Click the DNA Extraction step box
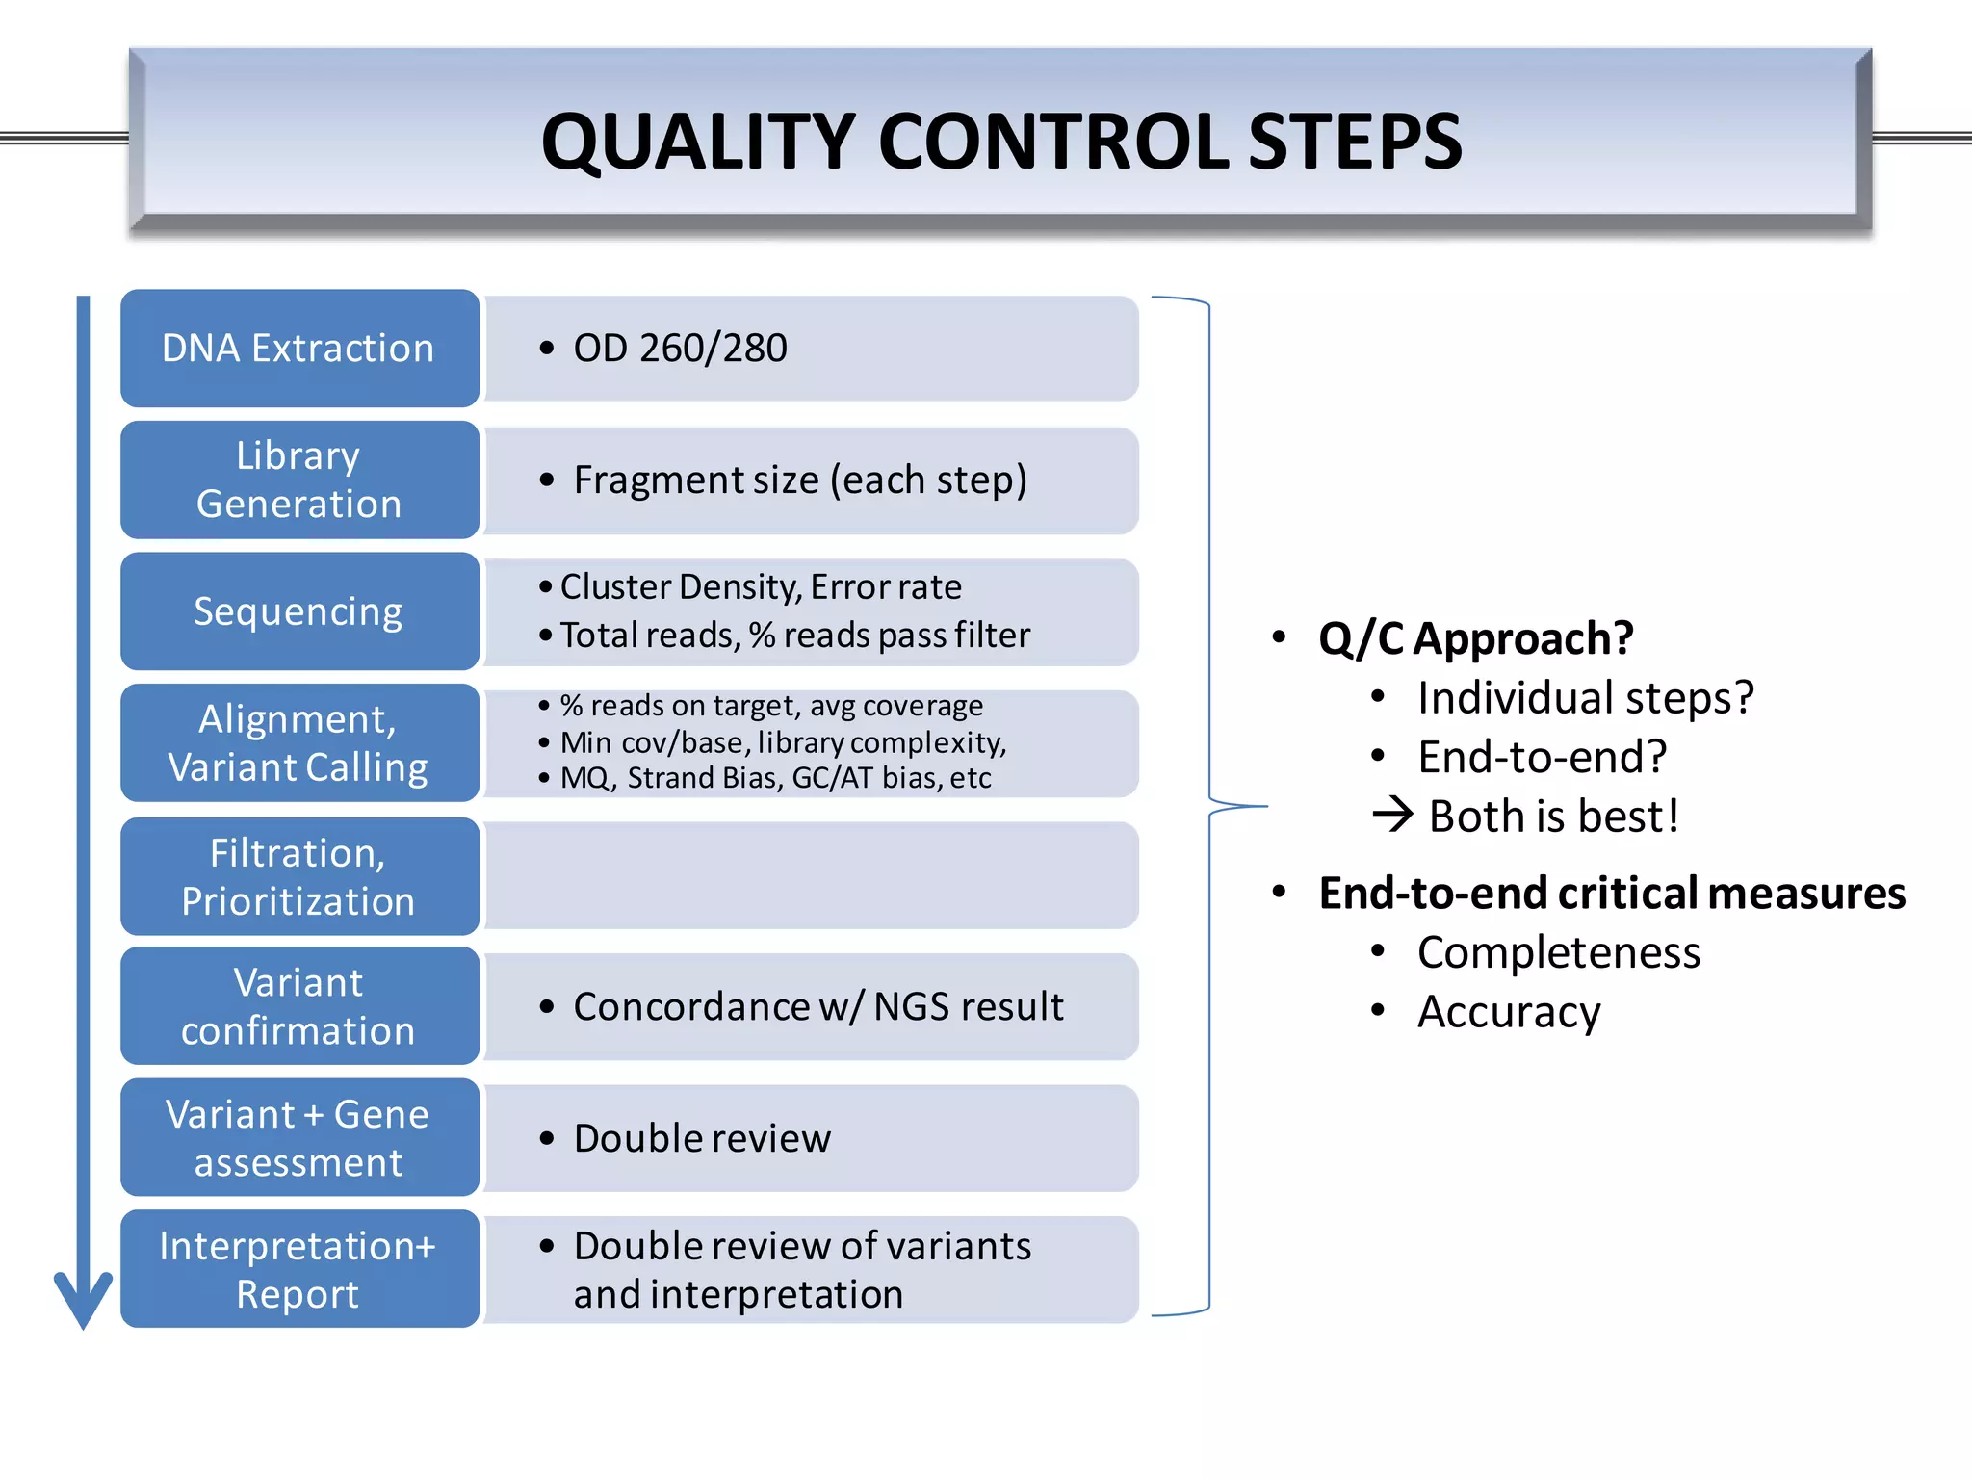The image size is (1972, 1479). (299, 348)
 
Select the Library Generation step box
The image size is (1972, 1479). (299, 480)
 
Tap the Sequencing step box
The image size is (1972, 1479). (299, 611)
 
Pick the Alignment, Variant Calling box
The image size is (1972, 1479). (299, 742)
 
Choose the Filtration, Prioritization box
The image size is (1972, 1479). (299, 876)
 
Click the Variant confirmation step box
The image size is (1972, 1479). (299, 1006)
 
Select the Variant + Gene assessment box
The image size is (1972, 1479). (299, 1137)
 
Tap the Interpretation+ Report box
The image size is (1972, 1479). (299, 1269)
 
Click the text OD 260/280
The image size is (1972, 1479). (680, 348)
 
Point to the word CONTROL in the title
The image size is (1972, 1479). (1052, 142)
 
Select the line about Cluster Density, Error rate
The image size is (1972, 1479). (760, 586)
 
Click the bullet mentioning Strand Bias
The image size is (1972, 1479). (775, 778)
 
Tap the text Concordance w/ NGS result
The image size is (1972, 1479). (817, 1007)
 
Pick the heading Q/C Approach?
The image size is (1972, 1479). (1475, 638)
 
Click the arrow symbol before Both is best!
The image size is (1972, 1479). (1392, 816)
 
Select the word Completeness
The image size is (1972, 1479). (1558, 952)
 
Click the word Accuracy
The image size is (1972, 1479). (1509, 1012)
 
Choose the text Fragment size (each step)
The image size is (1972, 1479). (799, 480)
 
